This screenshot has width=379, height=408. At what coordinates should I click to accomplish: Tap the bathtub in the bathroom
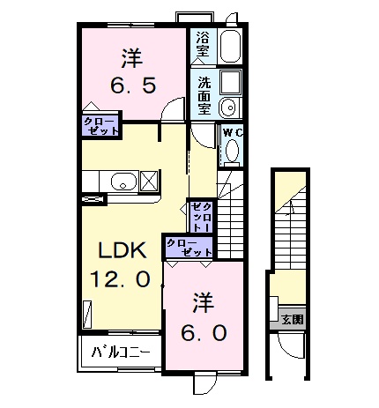[230, 45]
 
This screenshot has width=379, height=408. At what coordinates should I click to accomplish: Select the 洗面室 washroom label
[204, 95]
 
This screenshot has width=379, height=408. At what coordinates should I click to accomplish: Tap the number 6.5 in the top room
[132, 86]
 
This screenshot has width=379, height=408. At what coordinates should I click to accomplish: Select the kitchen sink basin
[123, 182]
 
